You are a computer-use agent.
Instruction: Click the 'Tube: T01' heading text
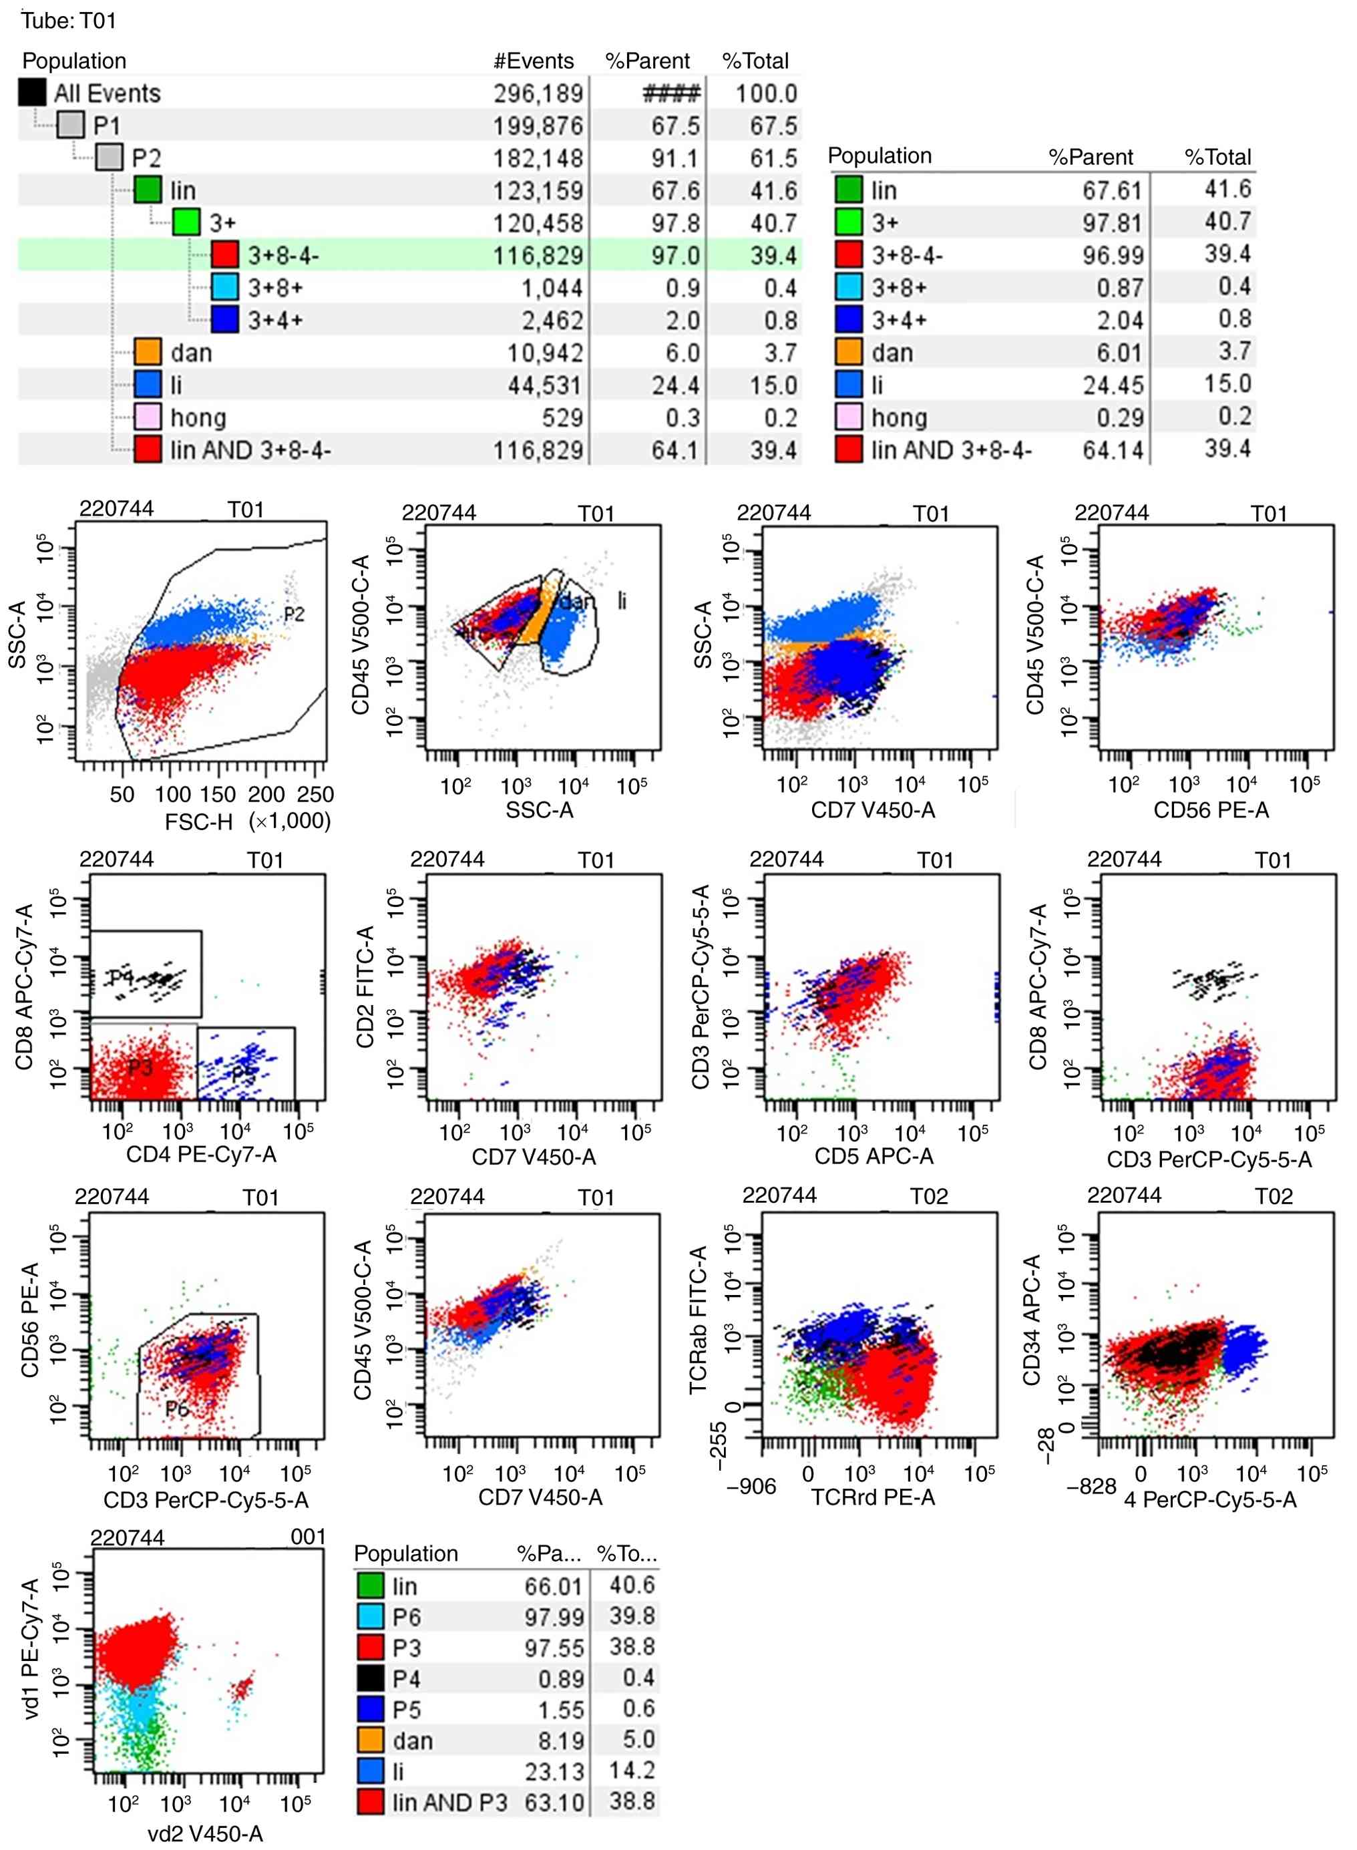pyautogui.click(x=69, y=21)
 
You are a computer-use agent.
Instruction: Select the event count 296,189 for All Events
pyautogui.click(x=538, y=94)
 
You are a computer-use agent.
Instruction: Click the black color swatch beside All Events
pyautogui.click(x=32, y=93)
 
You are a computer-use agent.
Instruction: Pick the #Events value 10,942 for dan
pyautogui.click(x=545, y=353)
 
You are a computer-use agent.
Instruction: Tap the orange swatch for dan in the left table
pyautogui.click(x=148, y=353)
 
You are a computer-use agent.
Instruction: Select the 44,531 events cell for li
pyautogui.click(x=545, y=385)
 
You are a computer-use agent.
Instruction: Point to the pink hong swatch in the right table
pyautogui.click(x=849, y=417)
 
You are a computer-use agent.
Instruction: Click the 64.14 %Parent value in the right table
pyautogui.click(x=1112, y=450)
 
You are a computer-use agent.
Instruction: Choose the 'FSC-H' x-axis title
pyautogui.click(x=200, y=821)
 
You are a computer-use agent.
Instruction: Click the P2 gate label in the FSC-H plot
pyautogui.click(x=294, y=614)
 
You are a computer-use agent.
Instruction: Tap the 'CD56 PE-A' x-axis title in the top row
pyautogui.click(x=1211, y=810)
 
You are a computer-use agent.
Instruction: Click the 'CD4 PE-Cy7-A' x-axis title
pyautogui.click(x=201, y=1154)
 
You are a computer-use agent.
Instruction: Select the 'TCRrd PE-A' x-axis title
pyautogui.click(x=874, y=1497)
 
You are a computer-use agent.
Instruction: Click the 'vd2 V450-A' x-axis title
pyautogui.click(x=206, y=1833)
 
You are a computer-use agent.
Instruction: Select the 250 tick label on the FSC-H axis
pyautogui.click(x=315, y=794)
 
